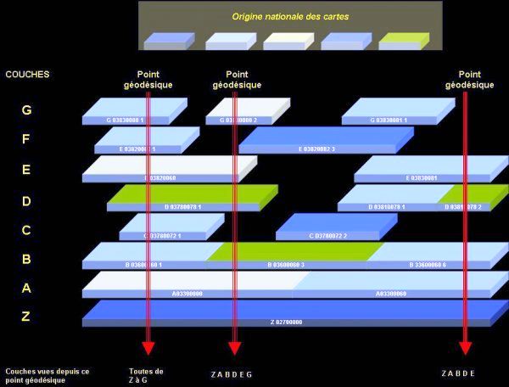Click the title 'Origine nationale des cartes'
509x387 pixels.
[x=289, y=17]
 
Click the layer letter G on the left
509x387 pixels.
[x=26, y=110]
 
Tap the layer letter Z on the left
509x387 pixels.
[x=26, y=317]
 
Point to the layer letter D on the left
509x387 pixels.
[x=26, y=201]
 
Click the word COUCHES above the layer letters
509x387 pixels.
[x=27, y=75]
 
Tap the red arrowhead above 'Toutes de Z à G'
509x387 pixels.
[x=148, y=347]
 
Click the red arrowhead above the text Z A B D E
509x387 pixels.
[x=465, y=347]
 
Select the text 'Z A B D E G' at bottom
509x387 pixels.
[x=232, y=374]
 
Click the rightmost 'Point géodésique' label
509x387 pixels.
[x=469, y=80]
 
